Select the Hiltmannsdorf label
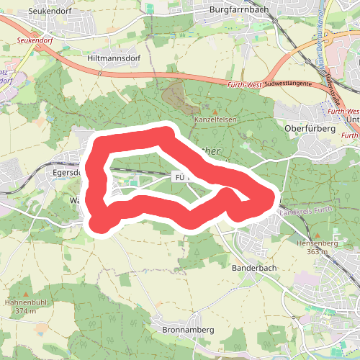pyautogui.click(x=112, y=57)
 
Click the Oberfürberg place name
pyautogui.click(x=311, y=128)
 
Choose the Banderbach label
pyautogui.click(x=254, y=268)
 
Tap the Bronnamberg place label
pyautogui.click(x=184, y=330)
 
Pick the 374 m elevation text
pyautogui.click(x=24, y=311)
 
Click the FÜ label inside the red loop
pyautogui.click(x=179, y=176)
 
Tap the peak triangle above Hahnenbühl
pyautogui.click(x=26, y=294)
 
